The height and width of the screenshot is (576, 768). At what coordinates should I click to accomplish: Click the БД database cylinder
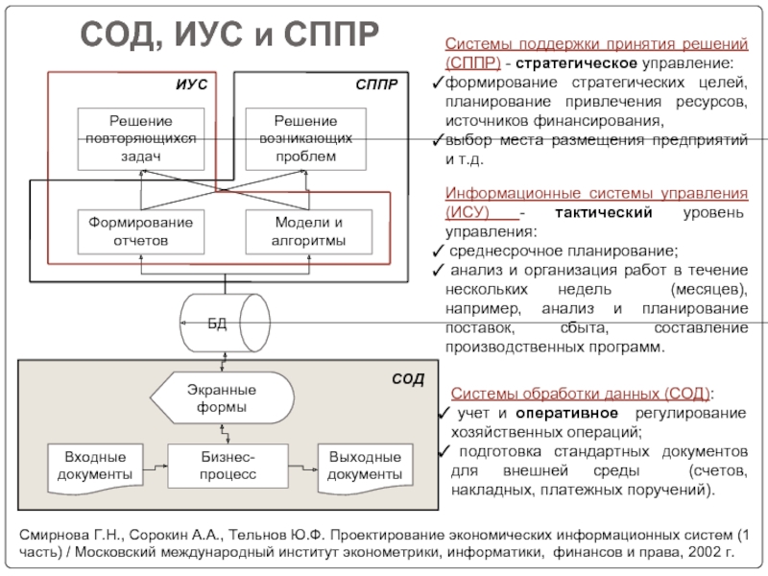(224, 321)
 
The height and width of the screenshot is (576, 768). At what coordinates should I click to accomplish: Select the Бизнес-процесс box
(228, 466)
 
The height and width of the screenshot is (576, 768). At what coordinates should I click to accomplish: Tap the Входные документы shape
(94, 466)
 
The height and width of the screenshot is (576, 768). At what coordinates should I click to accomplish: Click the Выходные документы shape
(364, 466)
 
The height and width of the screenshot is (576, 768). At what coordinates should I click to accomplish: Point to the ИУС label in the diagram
(191, 84)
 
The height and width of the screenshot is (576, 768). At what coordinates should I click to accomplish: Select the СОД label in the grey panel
(407, 380)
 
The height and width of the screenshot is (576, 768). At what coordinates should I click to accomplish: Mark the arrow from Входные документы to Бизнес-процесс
(154, 466)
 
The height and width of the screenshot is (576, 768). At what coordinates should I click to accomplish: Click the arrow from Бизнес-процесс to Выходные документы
(303, 466)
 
